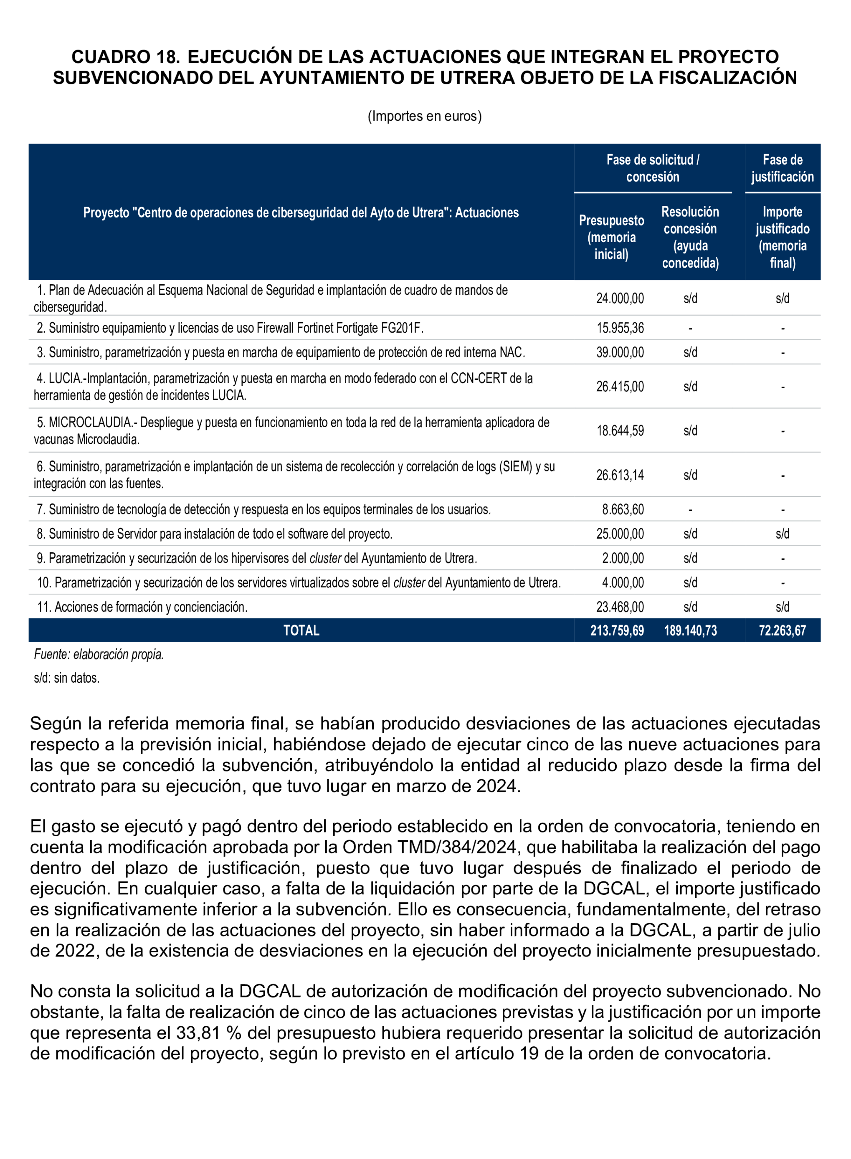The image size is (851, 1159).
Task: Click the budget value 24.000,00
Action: (620, 298)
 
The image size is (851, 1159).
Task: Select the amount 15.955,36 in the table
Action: (620, 328)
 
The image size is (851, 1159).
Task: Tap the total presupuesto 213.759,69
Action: (617, 630)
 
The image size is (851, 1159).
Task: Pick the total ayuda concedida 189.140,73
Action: (690, 630)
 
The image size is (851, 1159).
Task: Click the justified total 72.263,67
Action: (782, 630)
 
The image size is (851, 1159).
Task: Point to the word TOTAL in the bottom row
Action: (301, 630)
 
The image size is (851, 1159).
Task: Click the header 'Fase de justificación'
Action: (782, 168)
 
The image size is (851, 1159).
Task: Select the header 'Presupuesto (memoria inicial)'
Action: (611, 238)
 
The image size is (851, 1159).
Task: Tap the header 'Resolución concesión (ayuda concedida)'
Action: (690, 238)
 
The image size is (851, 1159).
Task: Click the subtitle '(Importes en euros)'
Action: (425, 116)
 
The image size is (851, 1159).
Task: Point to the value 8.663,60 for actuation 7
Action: (623, 509)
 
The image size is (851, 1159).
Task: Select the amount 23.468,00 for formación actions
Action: (620, 607)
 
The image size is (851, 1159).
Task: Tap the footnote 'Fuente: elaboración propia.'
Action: (99, 655)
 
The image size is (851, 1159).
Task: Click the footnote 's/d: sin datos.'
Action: (66, 678)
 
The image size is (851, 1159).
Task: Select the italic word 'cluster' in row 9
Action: (325, 558)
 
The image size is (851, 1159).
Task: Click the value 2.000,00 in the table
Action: (623, 558)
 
